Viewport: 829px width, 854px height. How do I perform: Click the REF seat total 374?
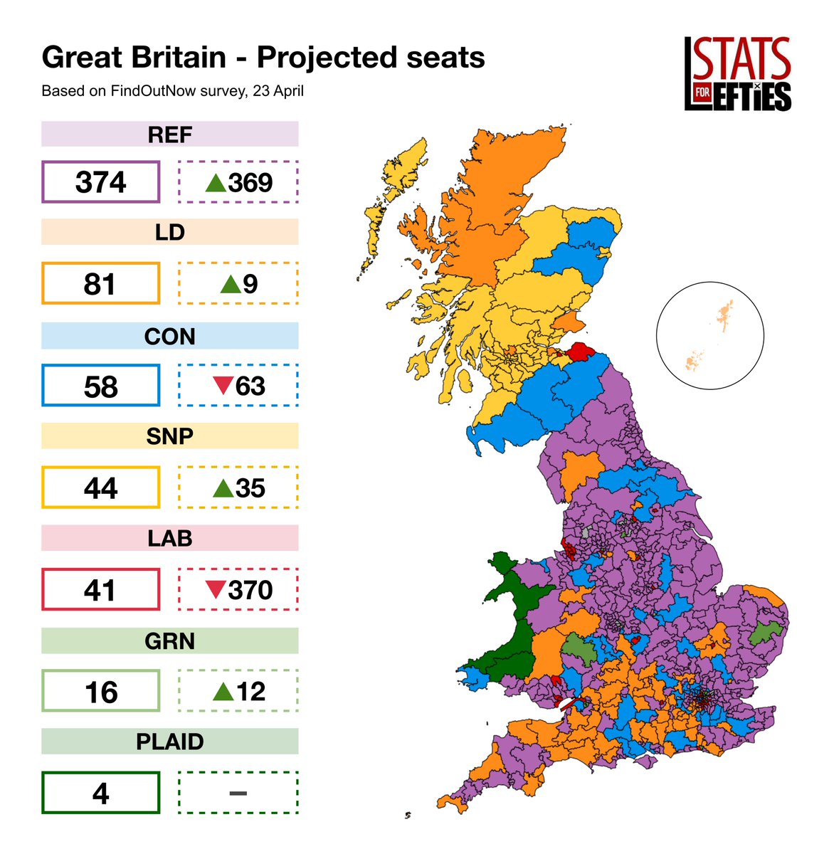100,182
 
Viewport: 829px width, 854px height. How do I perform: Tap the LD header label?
169,233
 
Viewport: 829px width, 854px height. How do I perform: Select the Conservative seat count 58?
100,386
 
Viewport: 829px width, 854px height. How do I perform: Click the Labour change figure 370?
250,590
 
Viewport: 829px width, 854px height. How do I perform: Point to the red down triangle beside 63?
223,386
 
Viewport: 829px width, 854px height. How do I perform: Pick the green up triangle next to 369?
216,183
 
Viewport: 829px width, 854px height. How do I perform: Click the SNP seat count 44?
100,488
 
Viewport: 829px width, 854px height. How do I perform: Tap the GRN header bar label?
169,640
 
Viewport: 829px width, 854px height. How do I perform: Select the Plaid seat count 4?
100,794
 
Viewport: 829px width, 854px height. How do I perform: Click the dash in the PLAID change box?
238,794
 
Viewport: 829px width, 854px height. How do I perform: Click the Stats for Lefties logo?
737,74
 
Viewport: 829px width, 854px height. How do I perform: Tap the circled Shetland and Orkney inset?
710,335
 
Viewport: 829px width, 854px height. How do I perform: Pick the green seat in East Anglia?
765,632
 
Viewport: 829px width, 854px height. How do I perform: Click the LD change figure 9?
250,284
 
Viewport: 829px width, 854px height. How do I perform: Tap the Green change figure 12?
250,692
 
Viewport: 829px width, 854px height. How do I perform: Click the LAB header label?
169,539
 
